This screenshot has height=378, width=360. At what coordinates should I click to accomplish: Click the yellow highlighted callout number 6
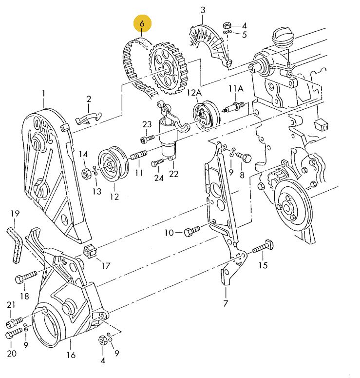point(142,23)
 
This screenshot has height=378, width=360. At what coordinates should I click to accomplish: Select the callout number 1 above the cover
point(43,93)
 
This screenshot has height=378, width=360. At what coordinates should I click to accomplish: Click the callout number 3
point(203,10)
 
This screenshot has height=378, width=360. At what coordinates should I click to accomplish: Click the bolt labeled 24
point(157,162)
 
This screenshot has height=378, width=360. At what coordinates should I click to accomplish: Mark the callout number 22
point(174,174)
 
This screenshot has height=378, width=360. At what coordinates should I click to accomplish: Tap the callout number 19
point(15,213)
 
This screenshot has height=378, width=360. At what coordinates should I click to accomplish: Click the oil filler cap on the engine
point(283,36)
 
